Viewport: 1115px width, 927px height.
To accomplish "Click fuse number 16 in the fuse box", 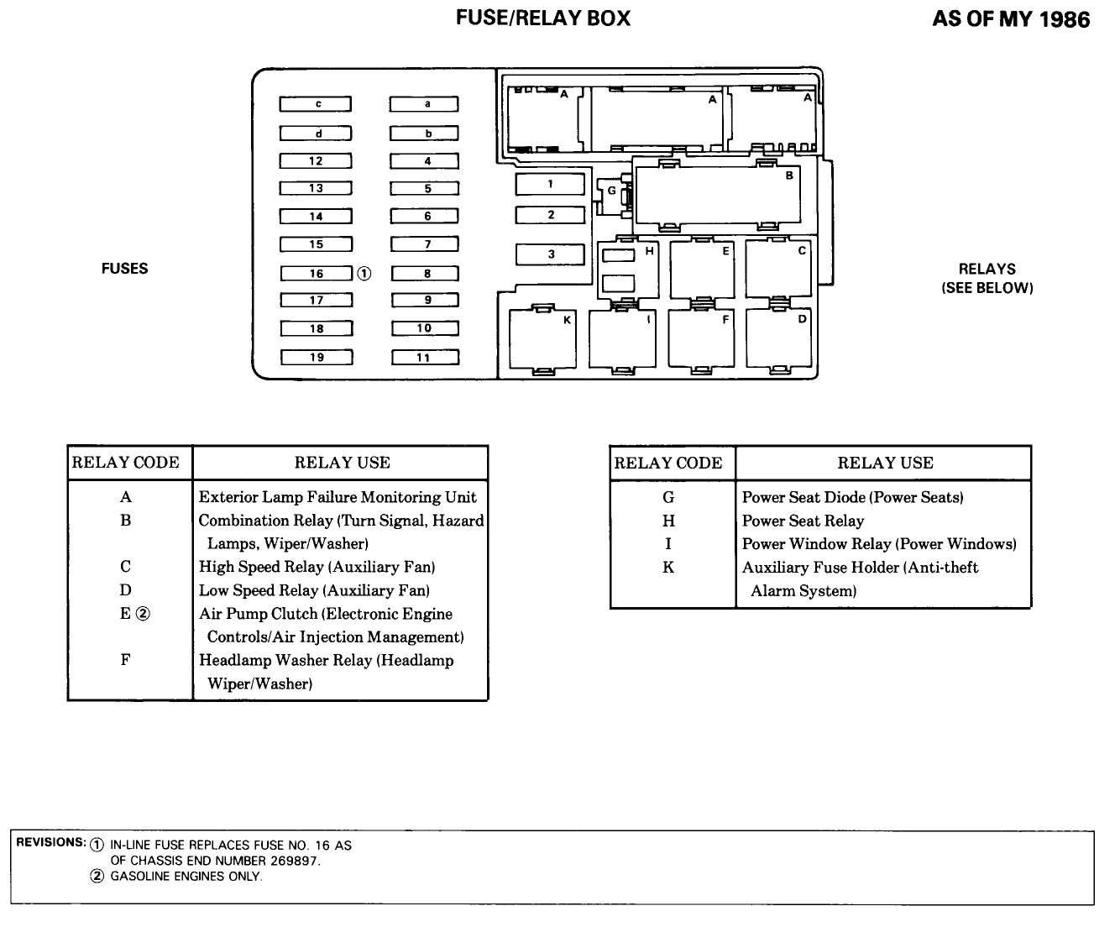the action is (317, 274).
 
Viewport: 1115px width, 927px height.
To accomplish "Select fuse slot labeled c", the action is (316, 103).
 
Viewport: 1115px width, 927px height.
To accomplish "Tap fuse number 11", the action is (425, 357).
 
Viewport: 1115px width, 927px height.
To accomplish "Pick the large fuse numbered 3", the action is (550, 254).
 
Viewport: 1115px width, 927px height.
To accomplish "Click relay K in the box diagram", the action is (542, 339).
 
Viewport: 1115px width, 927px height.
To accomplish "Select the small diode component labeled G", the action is (614, 196).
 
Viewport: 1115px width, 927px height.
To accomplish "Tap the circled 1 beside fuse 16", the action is (364, 274).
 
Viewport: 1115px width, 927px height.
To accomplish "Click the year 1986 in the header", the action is (1065, 19).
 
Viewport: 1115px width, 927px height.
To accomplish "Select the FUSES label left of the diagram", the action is (124, 268).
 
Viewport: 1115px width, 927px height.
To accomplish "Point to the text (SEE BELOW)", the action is (987, 288).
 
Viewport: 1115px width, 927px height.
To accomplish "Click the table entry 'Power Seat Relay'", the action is (803, 521).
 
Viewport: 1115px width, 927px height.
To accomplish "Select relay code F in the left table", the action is (125, 660).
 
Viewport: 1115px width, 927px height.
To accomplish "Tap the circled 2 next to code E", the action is (143, 614).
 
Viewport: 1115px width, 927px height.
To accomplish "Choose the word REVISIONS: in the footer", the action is (50, 842).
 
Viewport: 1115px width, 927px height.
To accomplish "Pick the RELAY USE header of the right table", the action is (885, 463).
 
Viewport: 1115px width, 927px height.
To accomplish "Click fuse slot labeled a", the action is (424, 103).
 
